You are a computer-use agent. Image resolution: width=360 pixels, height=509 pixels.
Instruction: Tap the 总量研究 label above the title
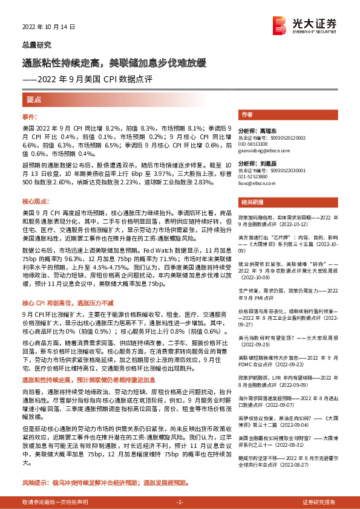point(37,45)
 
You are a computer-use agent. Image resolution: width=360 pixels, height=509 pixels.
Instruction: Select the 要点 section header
point(34,99)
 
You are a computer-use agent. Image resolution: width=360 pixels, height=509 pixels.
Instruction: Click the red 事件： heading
point(30,116)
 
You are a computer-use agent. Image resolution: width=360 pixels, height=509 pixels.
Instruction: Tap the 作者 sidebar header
point(247,115)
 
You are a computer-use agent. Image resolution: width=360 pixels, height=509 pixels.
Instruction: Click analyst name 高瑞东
point(262,130)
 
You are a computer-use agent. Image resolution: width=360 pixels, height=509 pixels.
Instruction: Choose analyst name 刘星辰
point(262,164)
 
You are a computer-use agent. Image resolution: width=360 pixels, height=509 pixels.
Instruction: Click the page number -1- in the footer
point(180,502)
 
